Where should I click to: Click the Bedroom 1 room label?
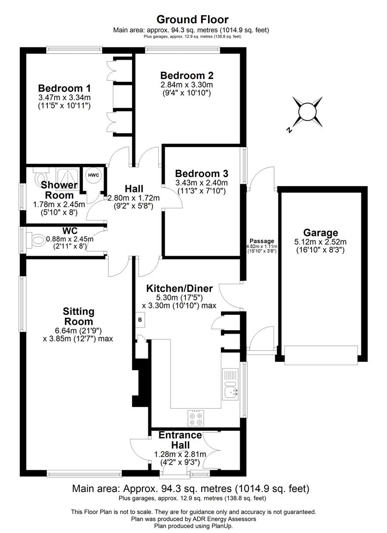point(64,88)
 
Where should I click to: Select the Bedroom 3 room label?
point(202,174)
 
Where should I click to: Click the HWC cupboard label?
point(93,175)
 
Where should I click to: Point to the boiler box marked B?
point(140,319)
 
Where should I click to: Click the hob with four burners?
point(196,418)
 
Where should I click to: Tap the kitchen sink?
point(231,391)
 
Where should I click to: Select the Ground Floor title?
point(192,20)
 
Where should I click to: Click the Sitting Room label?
point(78,316)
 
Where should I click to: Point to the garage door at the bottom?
point(320,355)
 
